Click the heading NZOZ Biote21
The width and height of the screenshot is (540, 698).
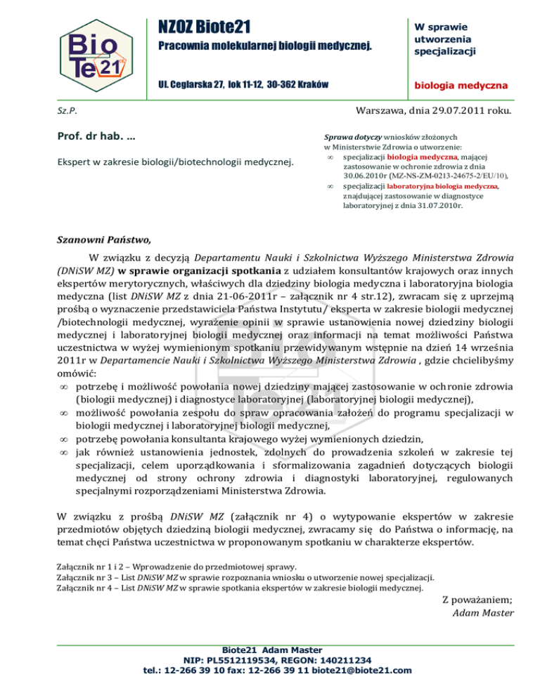(x=204, y=27)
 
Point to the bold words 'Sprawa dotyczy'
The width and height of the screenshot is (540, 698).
(x=345, y=136)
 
